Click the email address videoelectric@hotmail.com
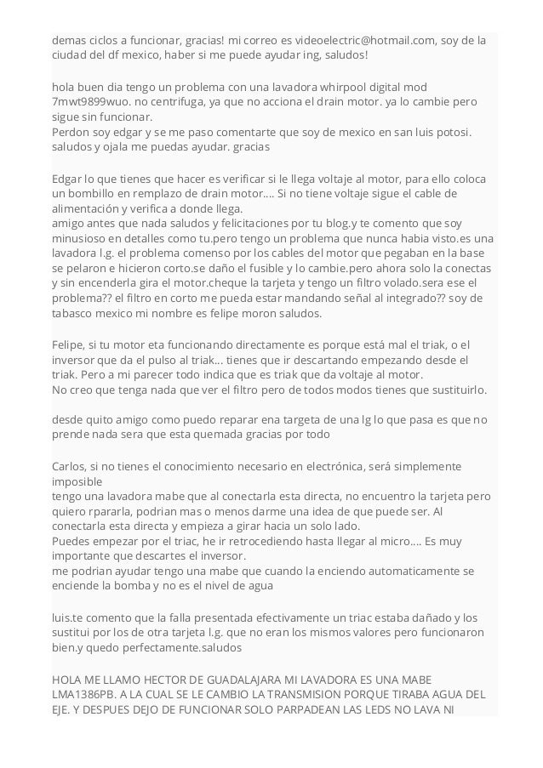coord(358,40)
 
